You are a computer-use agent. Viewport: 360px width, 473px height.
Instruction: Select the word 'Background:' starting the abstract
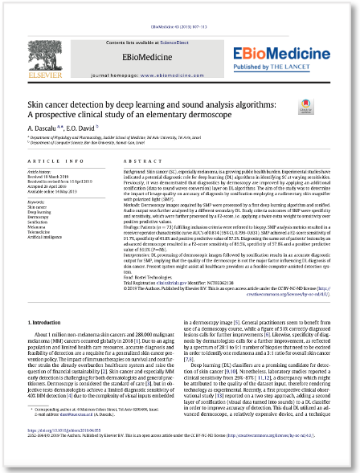[136, 173]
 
